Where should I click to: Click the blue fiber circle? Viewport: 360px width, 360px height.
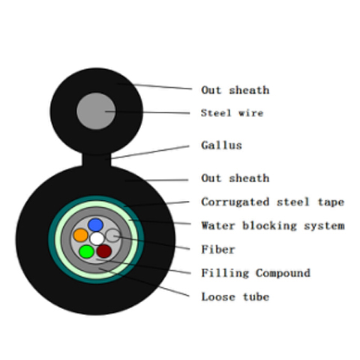tap(95, 225)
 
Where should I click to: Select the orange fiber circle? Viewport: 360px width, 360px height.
tap(81, 235)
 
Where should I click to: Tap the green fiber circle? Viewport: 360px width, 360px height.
tap(86, 251)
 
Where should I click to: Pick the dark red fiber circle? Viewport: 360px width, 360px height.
tap(104, 251)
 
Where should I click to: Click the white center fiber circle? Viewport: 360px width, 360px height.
tap(97, 238)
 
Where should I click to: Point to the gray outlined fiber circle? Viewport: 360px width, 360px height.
tap(112, 235)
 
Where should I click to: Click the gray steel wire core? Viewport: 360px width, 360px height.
tap(96, 111)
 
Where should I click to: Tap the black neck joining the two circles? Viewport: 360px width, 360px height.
tap(97, 160)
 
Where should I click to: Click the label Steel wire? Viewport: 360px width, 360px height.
tap(232, 113)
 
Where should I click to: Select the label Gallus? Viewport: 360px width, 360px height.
tap(221, 145)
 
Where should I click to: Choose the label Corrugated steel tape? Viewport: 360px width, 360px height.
tap(273, 202)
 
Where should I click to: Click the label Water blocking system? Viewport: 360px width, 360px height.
tap(273, 226)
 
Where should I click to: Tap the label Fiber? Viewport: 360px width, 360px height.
tap(218, 250)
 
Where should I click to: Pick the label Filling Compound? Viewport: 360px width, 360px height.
tap(256, 273)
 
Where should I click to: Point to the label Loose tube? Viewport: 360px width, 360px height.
tap(235, 297)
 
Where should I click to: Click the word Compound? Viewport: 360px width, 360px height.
tap(283, 273)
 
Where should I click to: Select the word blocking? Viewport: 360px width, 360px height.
tap(269, 226)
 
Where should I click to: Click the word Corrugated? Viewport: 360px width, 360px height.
tap(235, 202)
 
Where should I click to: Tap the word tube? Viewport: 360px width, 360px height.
tap(256, 297)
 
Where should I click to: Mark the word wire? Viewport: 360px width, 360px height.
tap(251, 113)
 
